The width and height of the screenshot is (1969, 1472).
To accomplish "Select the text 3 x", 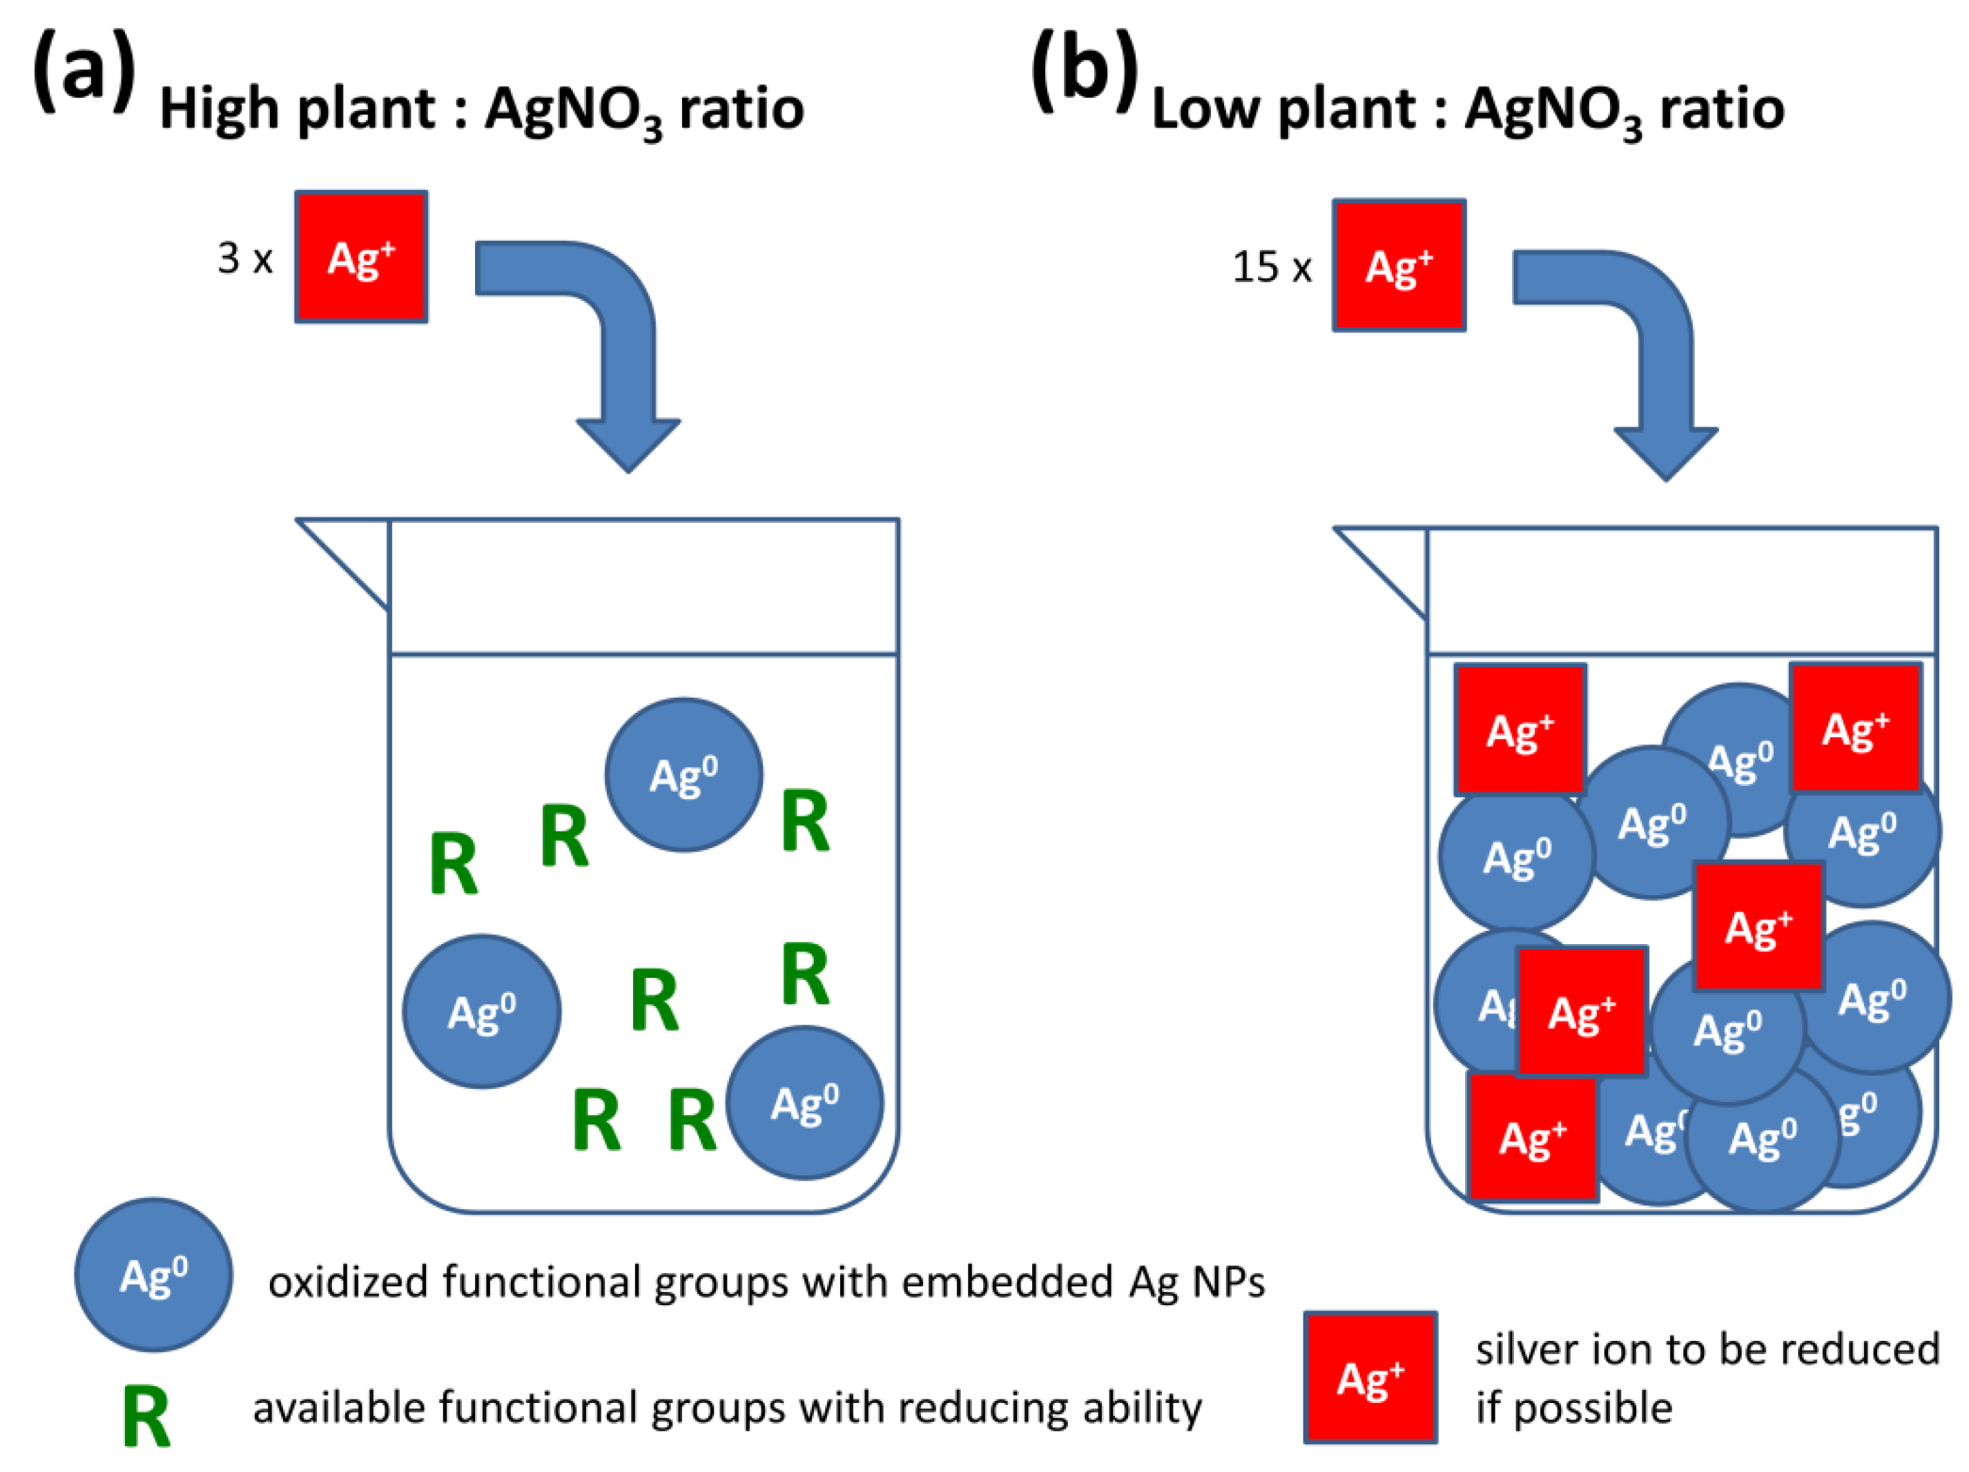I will tap(245, 259).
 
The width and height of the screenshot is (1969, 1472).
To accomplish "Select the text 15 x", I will tap(1271, 267).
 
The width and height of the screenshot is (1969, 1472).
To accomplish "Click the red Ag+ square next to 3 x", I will tap(361, 257).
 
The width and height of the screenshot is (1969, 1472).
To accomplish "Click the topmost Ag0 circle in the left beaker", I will tap(683, 775).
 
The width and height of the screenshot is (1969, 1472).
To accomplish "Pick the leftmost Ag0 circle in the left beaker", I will tap(482, 1012).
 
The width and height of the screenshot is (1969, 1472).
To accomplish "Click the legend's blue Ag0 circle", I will tap(153, 1275).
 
